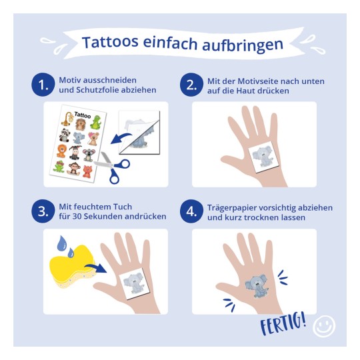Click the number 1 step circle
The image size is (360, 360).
pyautogui.click(x=43, y=85)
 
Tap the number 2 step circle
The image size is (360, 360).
pyautogui.click(x=191, y=85)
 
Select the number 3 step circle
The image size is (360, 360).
pyautogui.click(x=43, y=211)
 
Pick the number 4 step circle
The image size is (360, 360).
pyautogui.click(x=191, y=211)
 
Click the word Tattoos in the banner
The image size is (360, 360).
pyautogui.click(x=110, y=42)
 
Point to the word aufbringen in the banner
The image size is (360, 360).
pyautogui.click(x=243, y=45)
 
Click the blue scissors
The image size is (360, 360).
pyautogui.click(x=112, y=167)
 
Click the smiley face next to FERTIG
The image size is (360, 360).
pyautogui.click(x=324, y=326)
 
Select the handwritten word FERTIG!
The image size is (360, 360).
pyautogui.click(x=283, y=323)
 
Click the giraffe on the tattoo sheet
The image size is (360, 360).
pyautogui.click(x=67, y=119)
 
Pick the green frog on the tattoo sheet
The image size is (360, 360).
pyautogui.click(x=59, y=166)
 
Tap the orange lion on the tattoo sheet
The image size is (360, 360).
pyautogui.click(x=62, y=151)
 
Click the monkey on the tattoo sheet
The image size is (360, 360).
pyautogui.click(x=74, y=169)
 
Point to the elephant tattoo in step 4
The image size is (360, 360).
pyautogui.click(x=257, y=285)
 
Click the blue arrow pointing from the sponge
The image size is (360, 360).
pyautogui.click(x=97, y=267)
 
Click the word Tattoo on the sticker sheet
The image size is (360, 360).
pyautogui.click(x=83, y=115)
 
